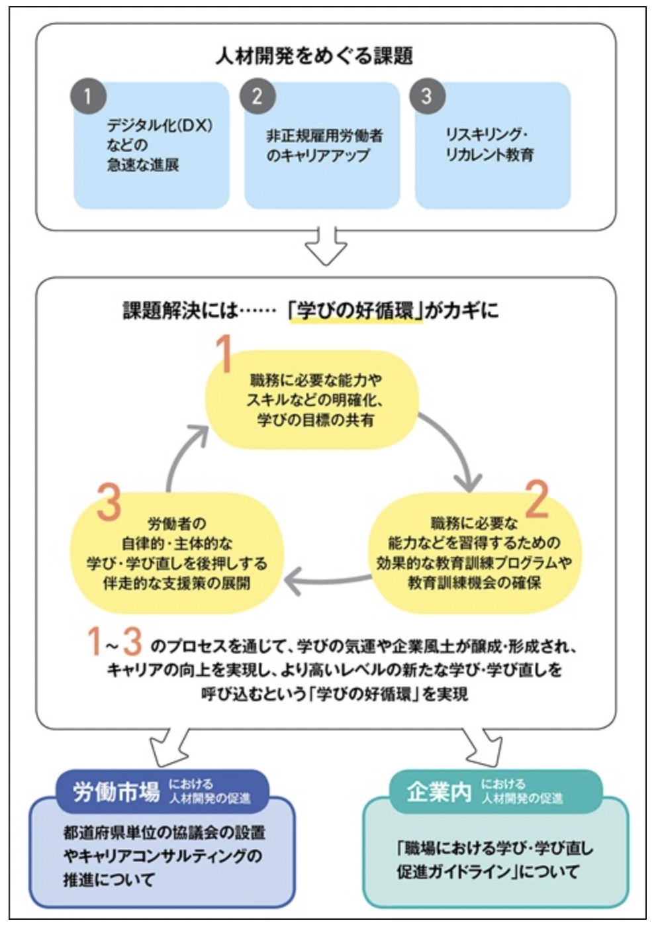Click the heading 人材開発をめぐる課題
tap(314, 56)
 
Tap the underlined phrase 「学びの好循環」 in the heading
tap(355, 310)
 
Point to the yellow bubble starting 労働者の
tap(177, 554)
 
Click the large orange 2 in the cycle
tap(537, 499)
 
